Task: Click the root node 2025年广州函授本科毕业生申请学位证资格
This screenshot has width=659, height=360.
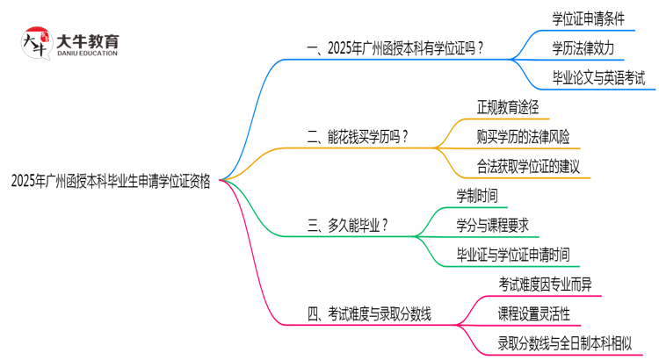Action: click(x=111, y=180)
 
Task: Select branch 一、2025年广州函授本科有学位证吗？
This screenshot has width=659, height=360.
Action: click(x=395, y=48)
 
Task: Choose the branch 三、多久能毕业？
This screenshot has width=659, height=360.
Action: click(x=348, y=225)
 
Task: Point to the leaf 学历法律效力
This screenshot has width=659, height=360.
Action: click(x=583, y=47)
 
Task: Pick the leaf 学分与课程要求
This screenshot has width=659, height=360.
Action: click(x=493, y=225)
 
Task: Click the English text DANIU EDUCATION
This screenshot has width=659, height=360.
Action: click(x=87, y=54)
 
